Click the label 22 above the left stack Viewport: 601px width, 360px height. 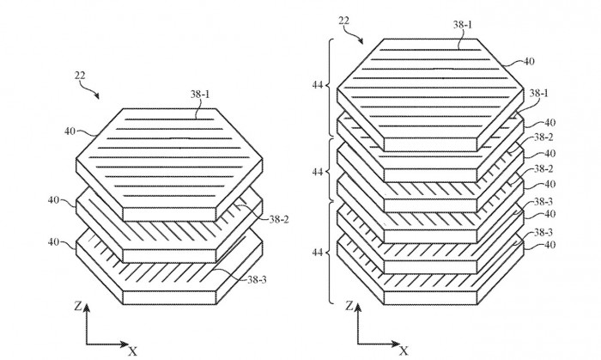pyautogui.click(x=80, y=76)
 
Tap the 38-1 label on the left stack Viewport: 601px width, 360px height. pyautogui.click(x=200, y=94)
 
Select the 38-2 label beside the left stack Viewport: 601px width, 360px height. pyautogui.click(x=279, y=219)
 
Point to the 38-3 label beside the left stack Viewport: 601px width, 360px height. pyautogui.click(x=257, y=279)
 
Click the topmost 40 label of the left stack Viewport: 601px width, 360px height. pyautogui.click(x=70, y=131)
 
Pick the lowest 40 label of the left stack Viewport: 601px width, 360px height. pyautogui.click(x=53, y=242)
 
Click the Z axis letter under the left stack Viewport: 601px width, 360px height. pyautogui.click(x=78, y=306)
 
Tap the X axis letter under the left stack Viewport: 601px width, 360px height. pyautogui.click(x=132, y=351)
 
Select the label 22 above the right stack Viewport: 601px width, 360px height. pyautogui.click(x=343, y=21)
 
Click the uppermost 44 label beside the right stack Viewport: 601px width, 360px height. pyautogui.click(x=318, y=85)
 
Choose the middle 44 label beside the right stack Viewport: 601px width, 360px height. pyautogui.click(x=318, y=172)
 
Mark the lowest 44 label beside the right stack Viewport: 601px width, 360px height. pyautogui.click(x=318, y=253)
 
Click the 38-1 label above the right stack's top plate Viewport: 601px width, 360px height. pyautogui.click(x=463, y=25)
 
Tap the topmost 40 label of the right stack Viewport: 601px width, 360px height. pyautogui.click(x=529, y=61)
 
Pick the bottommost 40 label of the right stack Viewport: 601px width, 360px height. pyautogui.click(x=550, y=245)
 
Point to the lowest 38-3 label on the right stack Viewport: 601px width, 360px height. pyautogui.click(x=543, y=232)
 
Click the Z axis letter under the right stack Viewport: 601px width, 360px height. pyautogui.click(x=349, y=306)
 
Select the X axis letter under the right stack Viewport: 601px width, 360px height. pyautogui.click(x=404, y=351)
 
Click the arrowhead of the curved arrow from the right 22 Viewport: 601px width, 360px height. pyautogui.click(x=361, y=41)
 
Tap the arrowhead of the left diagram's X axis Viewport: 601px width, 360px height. pyautogui.click(x=124, y=344)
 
